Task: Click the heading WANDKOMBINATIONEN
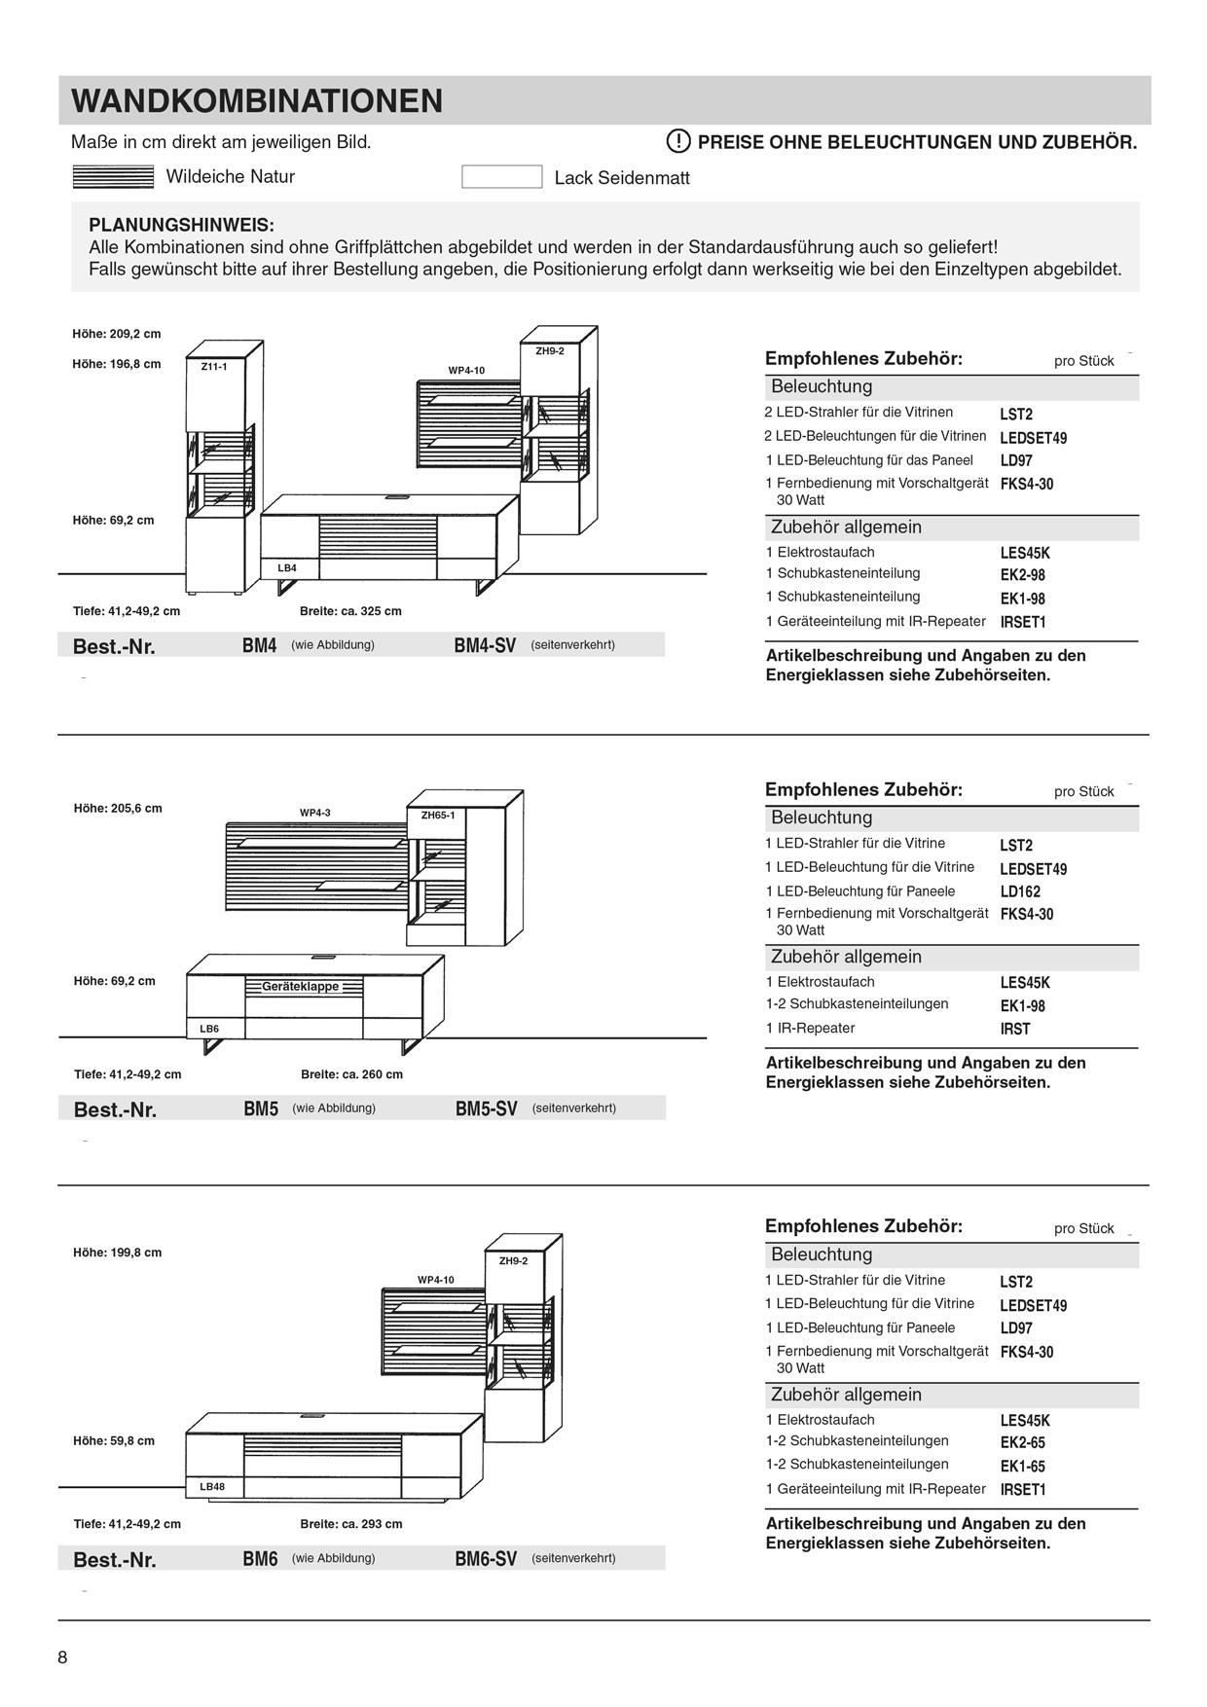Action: [x=257, y=101]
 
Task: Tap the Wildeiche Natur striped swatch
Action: [x=113, y=177]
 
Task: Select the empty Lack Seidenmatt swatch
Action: [x=501, y=177]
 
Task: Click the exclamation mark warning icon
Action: [x=678, y=141]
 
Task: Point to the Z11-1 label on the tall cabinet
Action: [x=213, y=367]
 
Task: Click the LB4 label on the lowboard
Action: [x=287, y=567]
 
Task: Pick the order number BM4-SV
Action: [x=485, y=645]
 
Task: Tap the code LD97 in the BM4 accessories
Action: [x=1016, y=460]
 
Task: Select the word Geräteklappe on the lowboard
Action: [x=301, y=987]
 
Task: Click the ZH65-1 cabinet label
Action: [x=438, y=816]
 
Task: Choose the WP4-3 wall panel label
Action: [x=315, y=813]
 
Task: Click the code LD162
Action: [x=1020, y=891]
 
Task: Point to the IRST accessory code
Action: [x=1014, y=1029]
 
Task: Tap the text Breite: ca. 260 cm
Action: [x=351, y=1074]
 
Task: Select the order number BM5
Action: [x=261, y=1108]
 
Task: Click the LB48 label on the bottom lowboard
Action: [x=212, y=1487]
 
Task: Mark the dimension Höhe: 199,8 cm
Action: [x=118, y=1253]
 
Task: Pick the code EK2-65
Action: [x=1022, y=1442]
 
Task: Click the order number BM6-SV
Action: [x=486, y=1559]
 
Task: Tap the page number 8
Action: [x=63, y=1658]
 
